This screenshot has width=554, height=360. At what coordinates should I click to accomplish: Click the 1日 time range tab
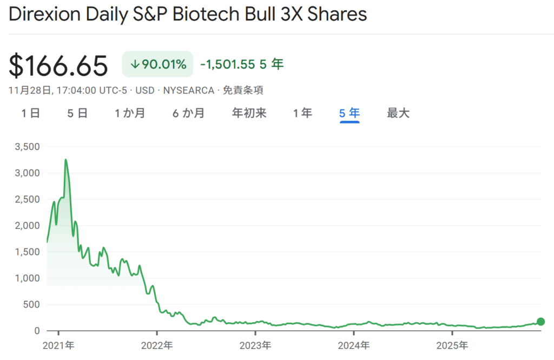pos(30,113)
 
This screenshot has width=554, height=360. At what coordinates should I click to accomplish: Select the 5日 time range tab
pos(77,113)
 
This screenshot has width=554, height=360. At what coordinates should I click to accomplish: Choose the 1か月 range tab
pos(130,113)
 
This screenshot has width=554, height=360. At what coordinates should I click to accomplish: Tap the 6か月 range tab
pos(188,113)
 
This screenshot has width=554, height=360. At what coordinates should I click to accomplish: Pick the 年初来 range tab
pos(249,113)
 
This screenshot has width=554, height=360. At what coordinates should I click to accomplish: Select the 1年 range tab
pos(302,113)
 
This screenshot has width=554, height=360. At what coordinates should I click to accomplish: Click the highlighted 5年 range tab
pos(349,113)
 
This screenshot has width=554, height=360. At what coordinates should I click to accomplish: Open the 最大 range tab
pos(398,113)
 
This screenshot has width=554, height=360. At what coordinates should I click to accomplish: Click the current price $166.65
pos(58,66)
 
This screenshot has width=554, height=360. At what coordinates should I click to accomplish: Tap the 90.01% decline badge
pos(157,64)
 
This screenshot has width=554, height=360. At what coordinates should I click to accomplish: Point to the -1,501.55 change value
pos(227,64)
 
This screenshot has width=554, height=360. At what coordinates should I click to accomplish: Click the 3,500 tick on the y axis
pos(28,147)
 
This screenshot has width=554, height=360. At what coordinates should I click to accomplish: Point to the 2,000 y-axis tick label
pos(28,225)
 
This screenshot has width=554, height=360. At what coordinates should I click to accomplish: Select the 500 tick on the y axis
pos(31,304)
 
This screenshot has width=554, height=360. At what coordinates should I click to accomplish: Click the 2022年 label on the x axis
pos(156,345)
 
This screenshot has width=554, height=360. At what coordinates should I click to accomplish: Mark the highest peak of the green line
pos(65,160)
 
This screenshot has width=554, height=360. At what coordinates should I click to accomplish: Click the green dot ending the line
pos(540,322)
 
